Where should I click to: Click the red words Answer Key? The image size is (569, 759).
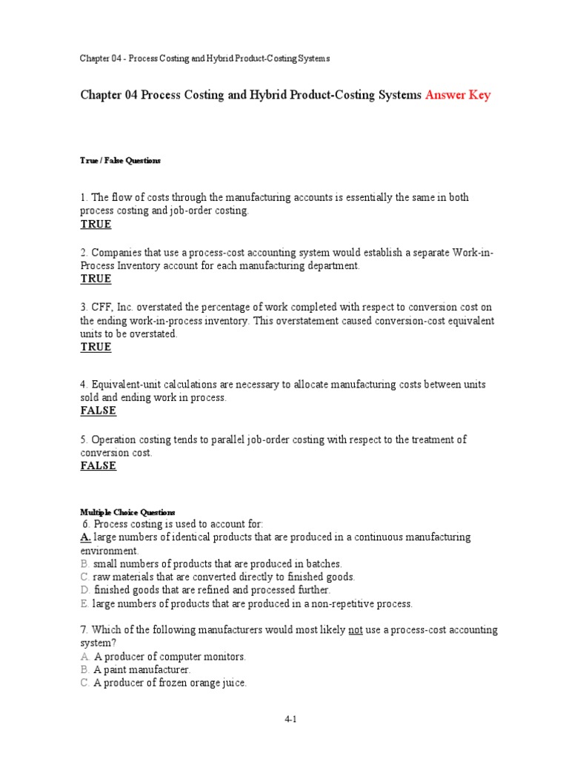click(x=458, y=96)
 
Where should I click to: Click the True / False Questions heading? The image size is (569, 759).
click(x=120, y=160)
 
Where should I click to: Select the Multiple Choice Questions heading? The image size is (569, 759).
click(x=127, y=512)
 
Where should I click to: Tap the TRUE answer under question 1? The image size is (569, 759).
click(x=96, y=225)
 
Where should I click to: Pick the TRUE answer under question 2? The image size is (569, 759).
click(x=96, y=279)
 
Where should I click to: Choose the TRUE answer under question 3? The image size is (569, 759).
click(x=96, y=348)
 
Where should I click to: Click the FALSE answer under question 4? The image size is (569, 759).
click(x=99, y=411)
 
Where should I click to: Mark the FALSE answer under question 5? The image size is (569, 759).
click(x=99, y=466)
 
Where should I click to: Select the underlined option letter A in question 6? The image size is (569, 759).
click(x=85, y=537)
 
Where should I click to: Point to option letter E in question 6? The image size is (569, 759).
click(x=84, y=604)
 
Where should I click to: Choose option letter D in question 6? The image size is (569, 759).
click(x=85, y=590)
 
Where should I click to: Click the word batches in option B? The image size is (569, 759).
click(x=324, y=564)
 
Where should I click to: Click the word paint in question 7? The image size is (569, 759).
click(x=117, y=670)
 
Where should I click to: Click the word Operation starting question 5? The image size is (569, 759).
click(x=116, y=440)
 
